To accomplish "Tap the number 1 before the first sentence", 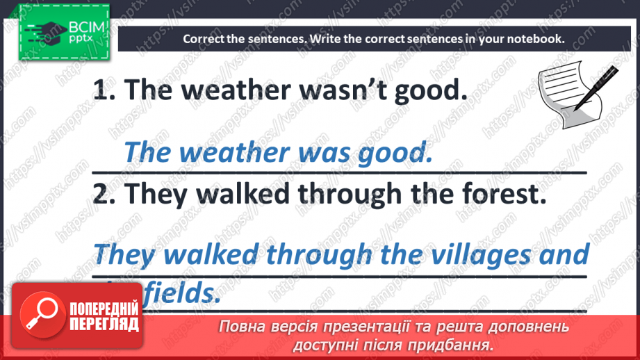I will [102, 90].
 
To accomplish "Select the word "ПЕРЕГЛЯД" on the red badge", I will [104, 325].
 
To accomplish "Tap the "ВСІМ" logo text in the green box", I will [86, 27].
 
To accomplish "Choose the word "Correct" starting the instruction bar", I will [204, 39].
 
